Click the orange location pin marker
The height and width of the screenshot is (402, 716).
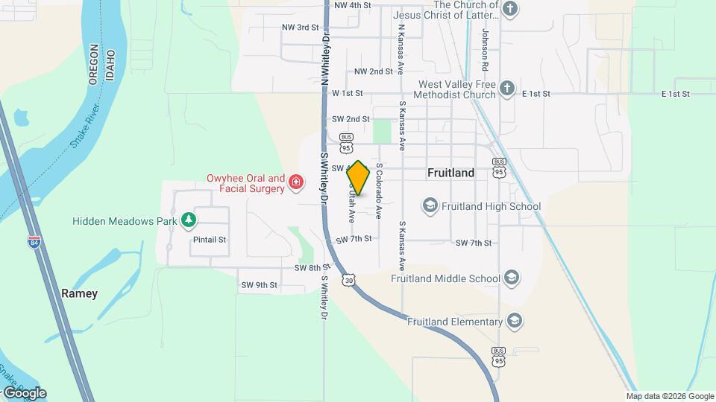tap(359, 178)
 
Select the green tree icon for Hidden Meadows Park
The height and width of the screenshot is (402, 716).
tap(189, 220)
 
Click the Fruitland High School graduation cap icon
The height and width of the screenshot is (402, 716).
tap(430, 205)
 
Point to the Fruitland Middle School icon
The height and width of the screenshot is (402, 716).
tap(512, 278)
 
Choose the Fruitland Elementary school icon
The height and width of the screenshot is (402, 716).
tap(513, 322)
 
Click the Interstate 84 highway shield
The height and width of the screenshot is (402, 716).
tap(34, 242)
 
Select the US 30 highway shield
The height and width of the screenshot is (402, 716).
tap(348, 279)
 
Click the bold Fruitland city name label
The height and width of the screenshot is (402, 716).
tap(450, 173)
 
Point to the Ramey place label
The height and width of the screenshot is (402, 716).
tap(79, 293)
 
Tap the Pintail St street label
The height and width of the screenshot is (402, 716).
tap(209, 240)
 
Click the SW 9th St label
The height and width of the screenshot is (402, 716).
tap(258, 285)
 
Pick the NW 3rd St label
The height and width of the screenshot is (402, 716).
tap(300, 28)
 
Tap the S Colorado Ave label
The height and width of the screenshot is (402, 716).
tap(379, 191)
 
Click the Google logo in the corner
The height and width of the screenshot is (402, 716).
tap(25, 392)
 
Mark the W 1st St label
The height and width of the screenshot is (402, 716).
tap(347, 94)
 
